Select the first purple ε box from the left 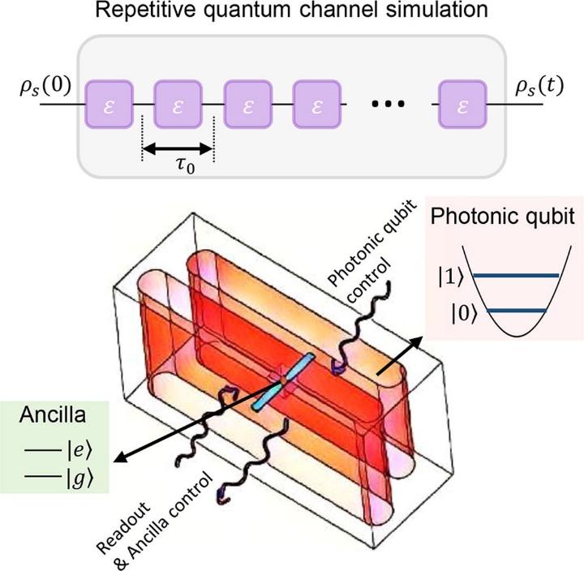108,105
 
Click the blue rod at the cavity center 281,380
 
